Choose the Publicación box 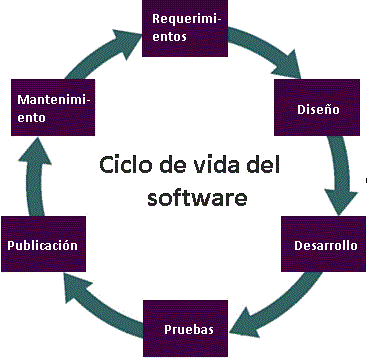click(x=42, y=245)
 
